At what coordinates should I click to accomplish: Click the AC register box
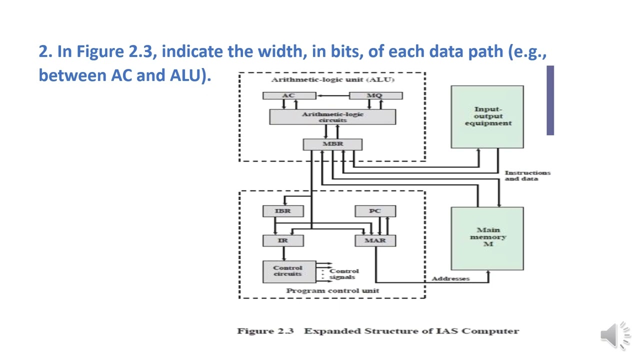289,95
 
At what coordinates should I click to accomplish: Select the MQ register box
375,95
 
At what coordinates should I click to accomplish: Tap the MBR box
332,144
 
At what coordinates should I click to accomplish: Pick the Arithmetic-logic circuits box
332,117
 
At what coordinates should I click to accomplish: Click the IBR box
283,211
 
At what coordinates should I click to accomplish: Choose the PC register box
375,211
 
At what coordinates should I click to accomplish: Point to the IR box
283,240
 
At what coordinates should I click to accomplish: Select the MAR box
375,240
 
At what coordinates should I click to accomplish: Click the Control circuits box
289,271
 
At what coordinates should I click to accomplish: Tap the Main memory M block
487,238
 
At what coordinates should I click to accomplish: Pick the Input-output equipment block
487,117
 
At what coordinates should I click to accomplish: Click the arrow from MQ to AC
333,95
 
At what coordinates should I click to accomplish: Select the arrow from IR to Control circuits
283,253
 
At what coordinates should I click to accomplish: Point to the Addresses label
450,278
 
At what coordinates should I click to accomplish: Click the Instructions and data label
527,175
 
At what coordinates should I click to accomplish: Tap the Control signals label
343,274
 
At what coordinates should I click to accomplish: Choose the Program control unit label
332,291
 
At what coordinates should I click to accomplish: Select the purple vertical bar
550,100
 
